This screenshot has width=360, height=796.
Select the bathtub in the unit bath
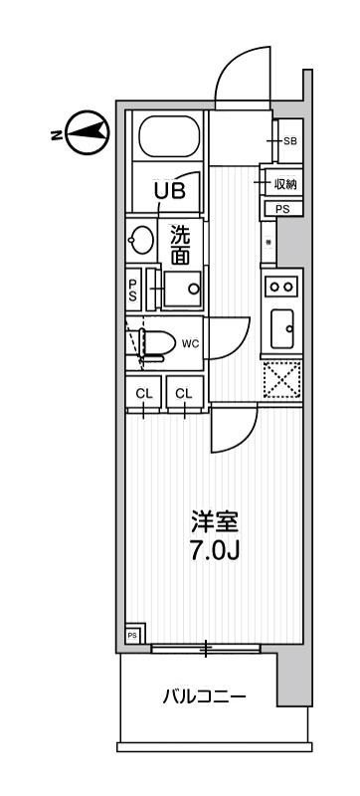pos(168,140)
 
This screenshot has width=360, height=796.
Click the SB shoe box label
pos(289,141)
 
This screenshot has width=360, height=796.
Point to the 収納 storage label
pos(287,184)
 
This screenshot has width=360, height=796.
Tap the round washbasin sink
pos(139,240)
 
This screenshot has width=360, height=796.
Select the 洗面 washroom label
pos(180,245)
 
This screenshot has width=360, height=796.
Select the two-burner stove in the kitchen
pos(281,286)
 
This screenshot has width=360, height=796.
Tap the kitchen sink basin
pos(281,324)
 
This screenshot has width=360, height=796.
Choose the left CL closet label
pos(144,394)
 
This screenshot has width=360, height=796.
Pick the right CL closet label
pos(184,394)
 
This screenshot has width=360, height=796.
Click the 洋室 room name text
pos(215,520)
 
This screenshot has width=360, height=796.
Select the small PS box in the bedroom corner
pos(132,634)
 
